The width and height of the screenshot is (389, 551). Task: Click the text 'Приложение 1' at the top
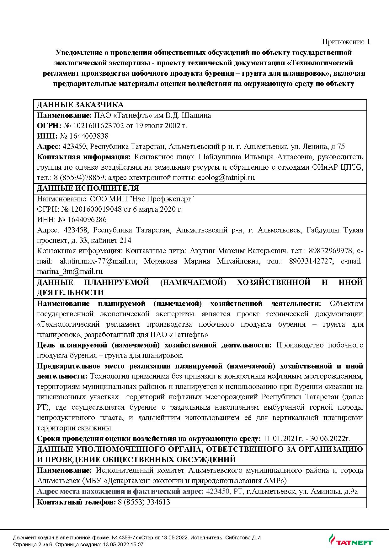346,42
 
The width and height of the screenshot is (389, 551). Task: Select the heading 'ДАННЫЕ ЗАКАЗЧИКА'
80,105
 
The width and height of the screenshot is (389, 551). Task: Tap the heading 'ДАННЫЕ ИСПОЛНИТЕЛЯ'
88,188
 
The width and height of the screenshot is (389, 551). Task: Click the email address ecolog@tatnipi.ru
226,177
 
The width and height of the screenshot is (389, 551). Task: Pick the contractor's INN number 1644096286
89,220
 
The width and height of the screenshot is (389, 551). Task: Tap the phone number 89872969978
330,251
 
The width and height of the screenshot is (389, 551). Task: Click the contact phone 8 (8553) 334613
144,502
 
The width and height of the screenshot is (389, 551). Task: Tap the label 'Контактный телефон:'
77,502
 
